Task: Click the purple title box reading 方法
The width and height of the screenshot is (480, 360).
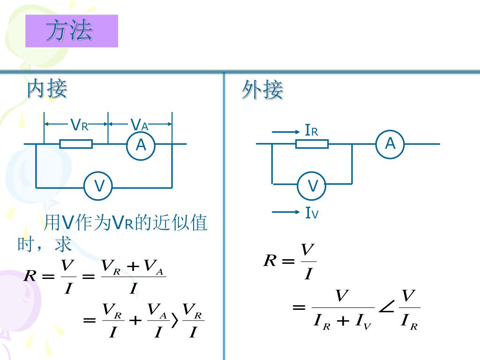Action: point(71,31)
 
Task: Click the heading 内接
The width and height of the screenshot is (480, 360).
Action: point(46,89)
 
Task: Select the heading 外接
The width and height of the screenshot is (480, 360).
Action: point(262,90)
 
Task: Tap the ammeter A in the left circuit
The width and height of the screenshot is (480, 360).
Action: point(141,146)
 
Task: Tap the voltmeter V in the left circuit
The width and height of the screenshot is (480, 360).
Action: point(99,186)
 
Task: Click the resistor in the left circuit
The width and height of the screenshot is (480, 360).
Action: point(76,144)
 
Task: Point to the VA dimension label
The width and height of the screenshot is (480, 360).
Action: point(139,125)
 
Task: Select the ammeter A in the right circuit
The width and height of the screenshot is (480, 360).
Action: point(390,143)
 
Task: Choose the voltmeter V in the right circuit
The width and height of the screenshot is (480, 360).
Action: point(313,186)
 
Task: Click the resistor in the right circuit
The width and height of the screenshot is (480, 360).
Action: point(312,144)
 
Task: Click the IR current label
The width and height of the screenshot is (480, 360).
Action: point(311,131)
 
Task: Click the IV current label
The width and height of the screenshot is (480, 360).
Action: point(312,214)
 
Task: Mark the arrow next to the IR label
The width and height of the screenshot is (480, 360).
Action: point(285,133)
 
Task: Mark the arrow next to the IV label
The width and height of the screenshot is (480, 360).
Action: point(285,213)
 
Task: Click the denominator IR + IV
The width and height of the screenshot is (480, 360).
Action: point(343,322)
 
